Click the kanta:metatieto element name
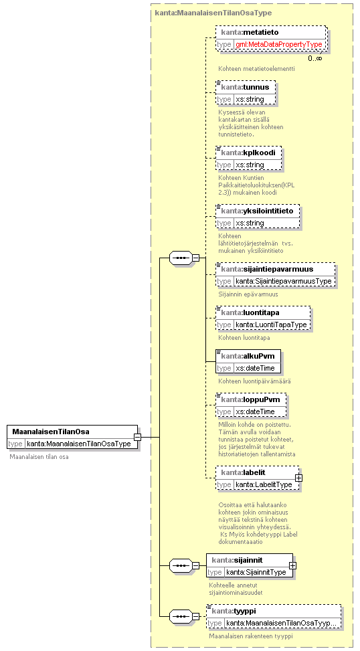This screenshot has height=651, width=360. pyautogui.click(x=250, y=32)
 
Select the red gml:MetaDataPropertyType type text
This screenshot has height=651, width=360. pyautogui.click(x=279, y=44)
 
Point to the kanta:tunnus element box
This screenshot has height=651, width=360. pyautogui.click(x=246, y=92)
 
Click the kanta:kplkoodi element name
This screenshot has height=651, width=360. pyautogui.click(x=248, y=153)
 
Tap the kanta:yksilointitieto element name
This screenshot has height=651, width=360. pyautogui.click(x=257, y=211)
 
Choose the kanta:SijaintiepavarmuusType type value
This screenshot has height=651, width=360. pyautogui.click(x=284, y=281)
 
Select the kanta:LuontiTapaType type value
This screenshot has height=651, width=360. pyautogui.click(x=271, y=324)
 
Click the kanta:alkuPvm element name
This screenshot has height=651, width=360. pyautogui.click(x=248, y=356)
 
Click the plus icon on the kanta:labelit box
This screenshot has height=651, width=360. pyautogui.click(x=298, y=478)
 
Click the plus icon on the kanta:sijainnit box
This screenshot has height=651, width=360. pyautogui.click(x=292, y=565)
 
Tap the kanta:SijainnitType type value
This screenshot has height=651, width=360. pyautogui.click(x=256, y=572)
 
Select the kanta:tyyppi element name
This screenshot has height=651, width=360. pyautogui.click(x=234, y=611)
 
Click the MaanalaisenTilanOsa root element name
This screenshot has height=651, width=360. pyautogui.click(x=51, y=432)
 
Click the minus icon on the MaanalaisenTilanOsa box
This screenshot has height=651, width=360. pyautogui.click(x=137, y=437)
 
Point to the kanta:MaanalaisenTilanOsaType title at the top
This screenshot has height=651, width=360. pyautogui.click(x=213, y=13)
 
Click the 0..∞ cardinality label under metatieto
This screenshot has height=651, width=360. pyautogui.click(x=314, y=58)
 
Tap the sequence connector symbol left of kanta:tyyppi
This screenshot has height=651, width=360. pyautogui.click(x=181, y=616)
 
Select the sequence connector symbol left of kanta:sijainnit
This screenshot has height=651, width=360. pyautogui.click(x=181, y=565)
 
